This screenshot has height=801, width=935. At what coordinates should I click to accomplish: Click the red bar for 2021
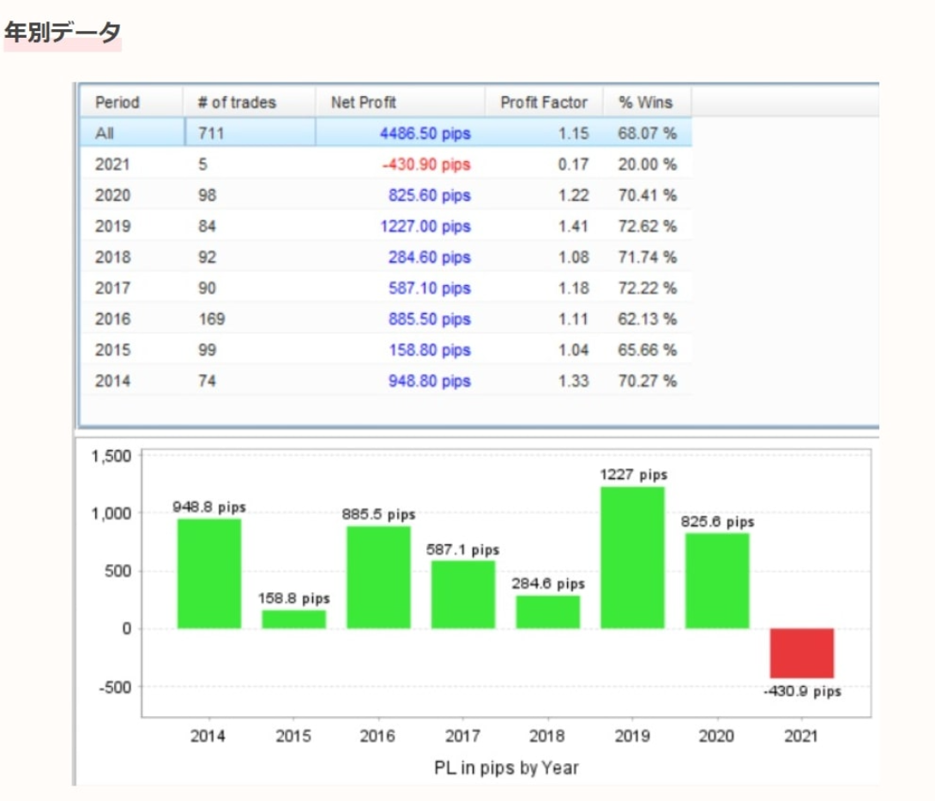pyautogui.click(x=801, y=653)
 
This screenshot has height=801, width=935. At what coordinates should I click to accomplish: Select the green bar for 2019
pyautogui.click(x=632, y=557)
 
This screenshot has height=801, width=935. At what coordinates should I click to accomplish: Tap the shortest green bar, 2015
pyautogui.click(x=294, y=619)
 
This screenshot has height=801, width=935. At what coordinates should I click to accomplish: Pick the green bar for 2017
pyautogui.click(x=463, y=594)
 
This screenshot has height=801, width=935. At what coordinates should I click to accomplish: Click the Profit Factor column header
pyautogui.click(x=544, y=103)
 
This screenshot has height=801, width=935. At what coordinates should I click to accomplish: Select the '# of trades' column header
pyautogui.click(x=237, y=103)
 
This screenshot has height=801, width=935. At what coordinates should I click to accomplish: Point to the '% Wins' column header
pyautogui.click(x=645, y=103)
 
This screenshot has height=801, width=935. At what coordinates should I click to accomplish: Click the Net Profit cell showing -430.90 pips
pyautogui.click(x=426, y=165)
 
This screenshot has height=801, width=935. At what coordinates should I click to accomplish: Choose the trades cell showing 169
pyautogui.click(x=211, y=319)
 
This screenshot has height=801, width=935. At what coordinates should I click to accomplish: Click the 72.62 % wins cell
pyautogui.click(x=647, y=227)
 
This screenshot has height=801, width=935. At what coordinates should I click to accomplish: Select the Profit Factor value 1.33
pyautogui.click(x=574, y=381)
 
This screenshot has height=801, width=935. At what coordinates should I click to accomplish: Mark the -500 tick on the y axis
pyautogui.click(x=113, y=687)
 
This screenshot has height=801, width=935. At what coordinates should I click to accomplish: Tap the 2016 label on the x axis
pyautogui.click(x=378, y=737)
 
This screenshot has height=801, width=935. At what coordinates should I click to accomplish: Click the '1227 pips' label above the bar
pyautogui.click(x=632, y=475)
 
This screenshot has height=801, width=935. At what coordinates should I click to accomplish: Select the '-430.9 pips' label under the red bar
pyautogui.click(x=801, y=692)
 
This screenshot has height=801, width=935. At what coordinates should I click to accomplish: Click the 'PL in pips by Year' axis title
pyautogui.click(x=506, y=768)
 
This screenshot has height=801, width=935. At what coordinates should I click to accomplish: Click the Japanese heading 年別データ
pyautogui.click(x=63, y=33)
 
